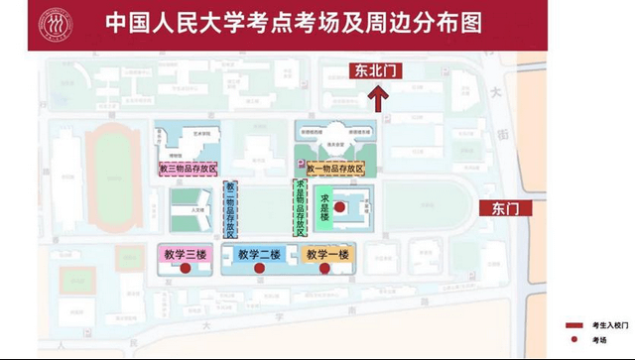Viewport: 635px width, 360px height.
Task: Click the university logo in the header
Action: (56, 22)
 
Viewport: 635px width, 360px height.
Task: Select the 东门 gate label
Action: (504, 208)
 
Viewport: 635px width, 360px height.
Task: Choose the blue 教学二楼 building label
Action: (258, 255)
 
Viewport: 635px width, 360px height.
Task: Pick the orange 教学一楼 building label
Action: (328, 255)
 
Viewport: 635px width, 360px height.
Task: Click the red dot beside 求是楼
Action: (339, 208)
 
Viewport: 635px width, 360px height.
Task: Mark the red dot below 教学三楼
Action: (185, 268)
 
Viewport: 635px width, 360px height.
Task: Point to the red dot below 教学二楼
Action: (259, 268)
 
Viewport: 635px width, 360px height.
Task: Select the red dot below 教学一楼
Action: (324, 268)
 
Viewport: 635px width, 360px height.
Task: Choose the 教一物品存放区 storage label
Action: (335, 169)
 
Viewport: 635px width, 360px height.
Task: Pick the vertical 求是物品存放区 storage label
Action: (300, 208)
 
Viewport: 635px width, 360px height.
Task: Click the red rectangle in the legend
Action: (572, 325)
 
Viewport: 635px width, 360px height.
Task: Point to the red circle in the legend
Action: (572, 340)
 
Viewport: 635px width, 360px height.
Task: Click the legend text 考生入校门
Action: (605, 325)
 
